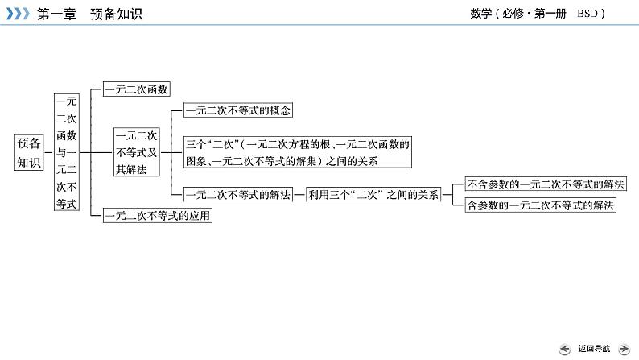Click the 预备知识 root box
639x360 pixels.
pyautogui.click(x=29, y=151)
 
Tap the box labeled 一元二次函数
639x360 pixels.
pyautogui.click(x=137, y=90)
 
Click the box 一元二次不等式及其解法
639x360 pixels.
pyautogui.click(x=135, y=151)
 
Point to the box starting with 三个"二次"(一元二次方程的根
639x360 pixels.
pyautogui.click(x=298, y=152)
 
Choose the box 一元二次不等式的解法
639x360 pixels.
pyautogui.click(x=237, y=194)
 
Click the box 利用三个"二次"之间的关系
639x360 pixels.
pyautogui.click(x=373, y=194)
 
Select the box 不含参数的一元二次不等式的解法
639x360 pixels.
pyautogui.click(x=546, y=184)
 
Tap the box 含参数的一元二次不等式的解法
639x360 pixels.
pyautogui.click(x=541, y=205)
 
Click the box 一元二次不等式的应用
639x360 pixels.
pyautogui.click(x=158, y=216)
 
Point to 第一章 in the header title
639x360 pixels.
pyautogui.click(x=57, y=14)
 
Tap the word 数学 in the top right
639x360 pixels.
pyautogui.click(x=480, y=13)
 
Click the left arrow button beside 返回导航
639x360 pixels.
pyautogui.click(x=566, y=348)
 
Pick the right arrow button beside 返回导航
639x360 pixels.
pyautogui.click(x=624, y=348)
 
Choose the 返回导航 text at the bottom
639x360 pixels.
pyautogui.click(x=594, y=348)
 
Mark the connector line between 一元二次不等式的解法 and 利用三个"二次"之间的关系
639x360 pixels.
pyautogui.click(x=299, y=194)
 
